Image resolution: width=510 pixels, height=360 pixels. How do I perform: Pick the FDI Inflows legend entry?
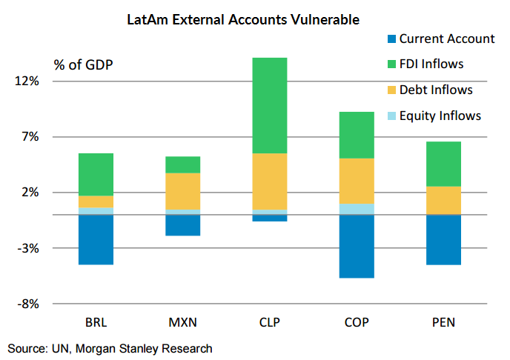pos(431,64)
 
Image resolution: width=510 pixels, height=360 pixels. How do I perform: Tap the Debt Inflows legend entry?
pos(435,90)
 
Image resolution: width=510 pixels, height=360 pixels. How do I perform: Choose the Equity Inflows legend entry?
pos(440,116)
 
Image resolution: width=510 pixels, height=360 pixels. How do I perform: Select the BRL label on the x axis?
pos(96,322)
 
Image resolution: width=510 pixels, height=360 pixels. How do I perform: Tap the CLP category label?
pos(269,322)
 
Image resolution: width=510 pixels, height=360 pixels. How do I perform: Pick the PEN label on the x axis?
pos(443,322)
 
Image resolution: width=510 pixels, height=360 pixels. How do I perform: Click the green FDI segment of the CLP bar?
pos(269,105)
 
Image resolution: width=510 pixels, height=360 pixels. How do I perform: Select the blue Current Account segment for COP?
pos(356,246)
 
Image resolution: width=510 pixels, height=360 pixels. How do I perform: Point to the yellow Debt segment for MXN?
pos(182,191)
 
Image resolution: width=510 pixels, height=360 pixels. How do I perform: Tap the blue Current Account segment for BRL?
pos(96,239)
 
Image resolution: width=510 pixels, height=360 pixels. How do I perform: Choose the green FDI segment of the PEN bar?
pos(443,164)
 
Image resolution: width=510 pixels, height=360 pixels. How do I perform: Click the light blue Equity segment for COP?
pos(356,209)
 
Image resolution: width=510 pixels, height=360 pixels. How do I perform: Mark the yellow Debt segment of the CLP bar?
pos(269,181)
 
